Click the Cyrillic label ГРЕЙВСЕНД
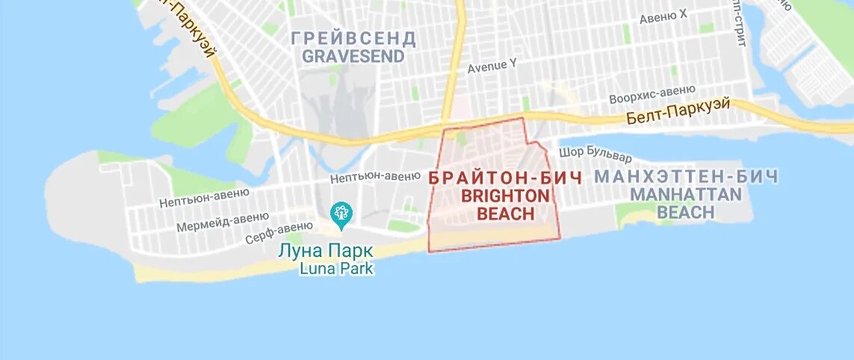coord(353,38)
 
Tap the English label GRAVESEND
coord(353,56)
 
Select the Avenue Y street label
coord(492,65)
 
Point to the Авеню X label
coord(663,16)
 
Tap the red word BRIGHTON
coord(505,196)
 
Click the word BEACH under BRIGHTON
coord(505,214)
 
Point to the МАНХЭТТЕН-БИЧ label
coord(686,177)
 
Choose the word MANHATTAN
coord(686,194)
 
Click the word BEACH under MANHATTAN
coord(686,212)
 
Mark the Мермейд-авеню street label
coord(223,221)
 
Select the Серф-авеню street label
coord(279,233)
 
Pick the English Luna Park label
coord(336,268)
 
